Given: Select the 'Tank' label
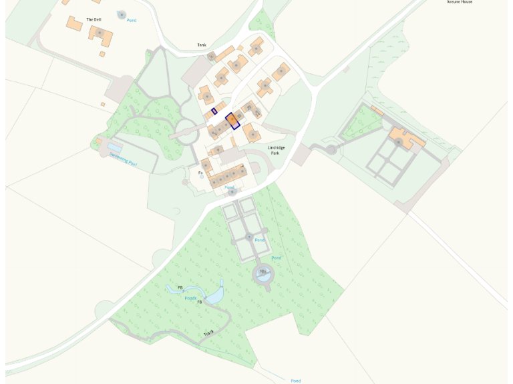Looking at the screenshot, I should click(x=202, y=45).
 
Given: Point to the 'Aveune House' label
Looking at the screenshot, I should click(x=459, y=2).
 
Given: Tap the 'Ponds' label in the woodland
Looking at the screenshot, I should click(x=191, y=298).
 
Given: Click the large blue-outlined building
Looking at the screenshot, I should click(x=232, y=121).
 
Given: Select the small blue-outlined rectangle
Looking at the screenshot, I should click(x=214, y=112).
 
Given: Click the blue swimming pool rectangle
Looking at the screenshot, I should click(x=114, y=147).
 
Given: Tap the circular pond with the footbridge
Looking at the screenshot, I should click(x=263, y=272).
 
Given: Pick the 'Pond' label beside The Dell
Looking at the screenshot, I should click(x=132, y=21).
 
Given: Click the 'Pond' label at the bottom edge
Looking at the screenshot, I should click(x=295, y=381).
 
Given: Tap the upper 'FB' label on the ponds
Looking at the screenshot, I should click(x=180, y=288).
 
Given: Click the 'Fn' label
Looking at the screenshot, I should click(x=200, y=173).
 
